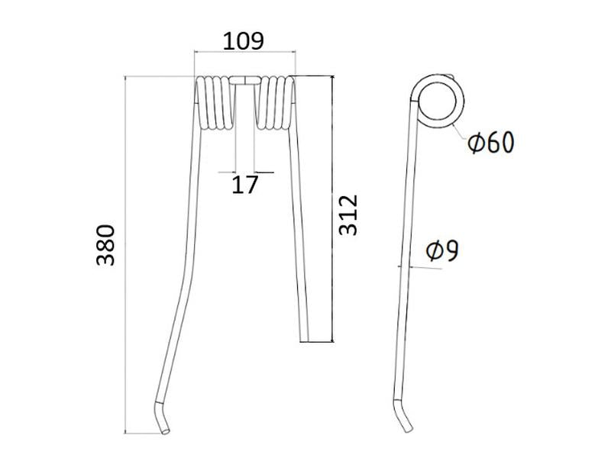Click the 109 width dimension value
pyautogui.click(x=244, y=40)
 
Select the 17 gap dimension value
pyautogui.click(x=245, y=184)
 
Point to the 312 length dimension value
pyautogui.click(x=348, y=214)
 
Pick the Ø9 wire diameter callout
pyautogui.click(x=442, y=250)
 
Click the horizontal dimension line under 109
pyautogui.click(x=244, y=53)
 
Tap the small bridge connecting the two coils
pyautogui.click(x=244, y=79)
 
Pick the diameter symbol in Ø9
pyautogui.click(x=432, y=251)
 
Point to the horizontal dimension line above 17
pyautogui.click(x=245, y=171)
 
